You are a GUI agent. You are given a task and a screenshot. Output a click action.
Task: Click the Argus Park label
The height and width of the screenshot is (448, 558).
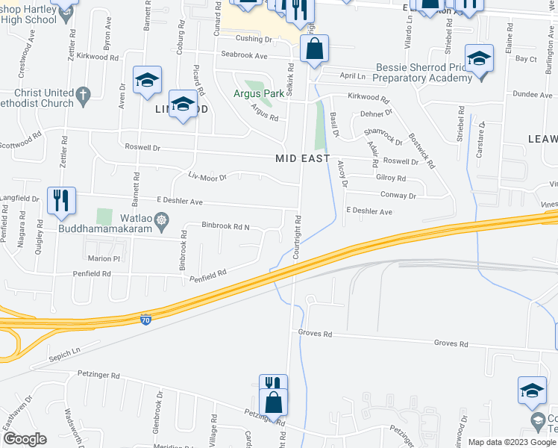tap(259, 93)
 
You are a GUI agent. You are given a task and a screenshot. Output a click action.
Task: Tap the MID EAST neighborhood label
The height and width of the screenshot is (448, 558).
tap(301, 158)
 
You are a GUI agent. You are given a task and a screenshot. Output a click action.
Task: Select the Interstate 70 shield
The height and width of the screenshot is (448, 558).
tap(145, 320)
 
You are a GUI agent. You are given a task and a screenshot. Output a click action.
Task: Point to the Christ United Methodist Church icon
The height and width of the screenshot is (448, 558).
tap(84, 95)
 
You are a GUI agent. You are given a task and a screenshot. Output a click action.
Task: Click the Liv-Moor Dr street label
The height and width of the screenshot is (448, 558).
tap(207, 177)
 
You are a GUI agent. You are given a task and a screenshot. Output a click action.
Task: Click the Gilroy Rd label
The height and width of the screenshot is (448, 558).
tap(390, 178)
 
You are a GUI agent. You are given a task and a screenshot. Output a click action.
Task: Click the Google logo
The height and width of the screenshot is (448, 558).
tap(25, 439)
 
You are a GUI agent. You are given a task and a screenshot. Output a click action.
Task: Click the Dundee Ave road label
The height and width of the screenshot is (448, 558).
tap(527, 95)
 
